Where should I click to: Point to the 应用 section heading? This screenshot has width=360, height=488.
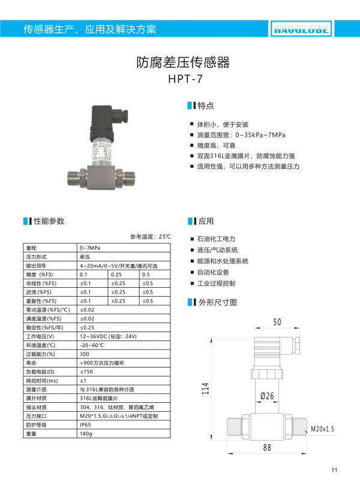click(206, 221)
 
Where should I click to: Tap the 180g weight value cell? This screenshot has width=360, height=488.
click(86, 433)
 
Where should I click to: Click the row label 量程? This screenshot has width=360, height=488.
click(32, 248)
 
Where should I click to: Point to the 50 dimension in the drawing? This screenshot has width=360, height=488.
click(277, 323)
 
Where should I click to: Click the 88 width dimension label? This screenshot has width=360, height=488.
click(268, 447)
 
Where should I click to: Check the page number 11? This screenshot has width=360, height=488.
click(334, 469)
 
